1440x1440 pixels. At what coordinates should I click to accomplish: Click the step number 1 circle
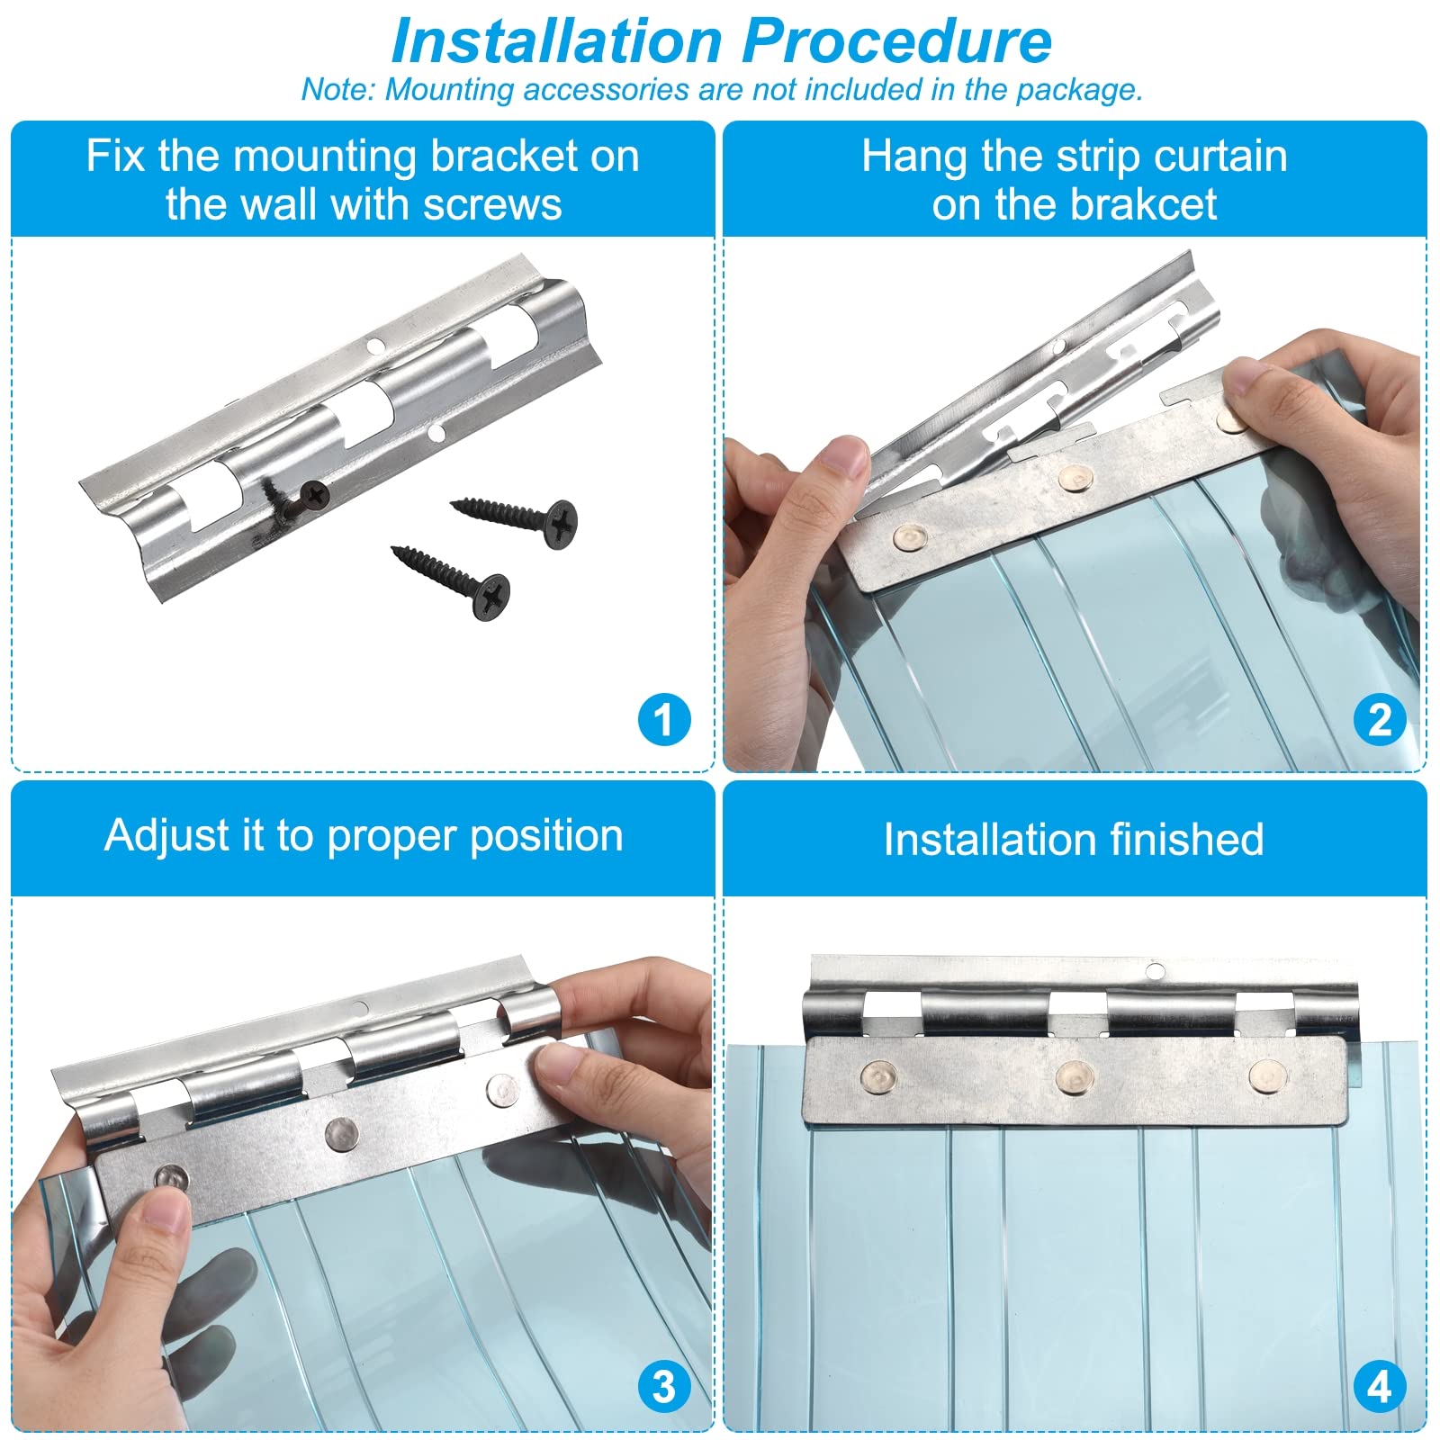pos(664,719)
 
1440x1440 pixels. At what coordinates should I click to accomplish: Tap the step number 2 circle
pos(1379,719)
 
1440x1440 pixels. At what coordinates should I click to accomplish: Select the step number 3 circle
pos(664,1386)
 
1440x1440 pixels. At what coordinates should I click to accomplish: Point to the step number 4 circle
pos(1379,1386)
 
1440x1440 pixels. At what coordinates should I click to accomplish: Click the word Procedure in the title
pos(897,41)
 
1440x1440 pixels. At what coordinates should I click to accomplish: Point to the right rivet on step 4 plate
pos(1267,1075)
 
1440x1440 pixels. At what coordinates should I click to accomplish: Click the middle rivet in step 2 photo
pos(1075,478)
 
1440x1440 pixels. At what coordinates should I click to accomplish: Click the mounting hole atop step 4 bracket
pos(1155,971)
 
